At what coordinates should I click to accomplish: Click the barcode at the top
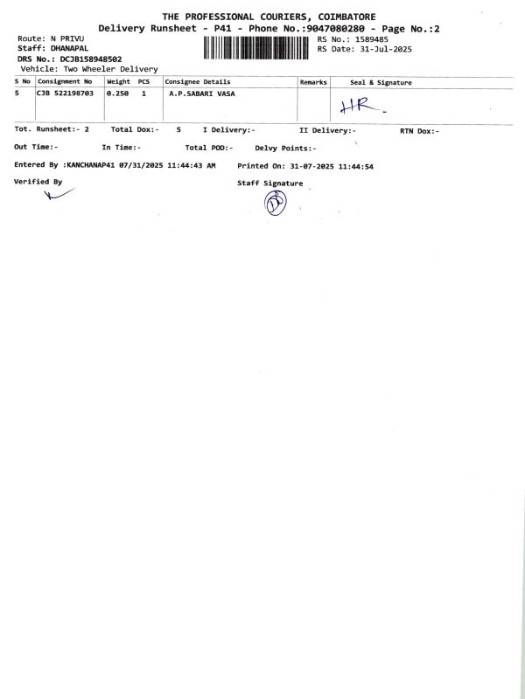(257, 46)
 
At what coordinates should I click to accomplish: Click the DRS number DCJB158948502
(90, 59)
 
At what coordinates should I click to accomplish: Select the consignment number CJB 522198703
(65, 92)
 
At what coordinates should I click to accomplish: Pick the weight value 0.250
(118, 92)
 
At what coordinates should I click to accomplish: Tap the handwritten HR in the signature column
(357, 106)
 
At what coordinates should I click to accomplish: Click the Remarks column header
(313, 82)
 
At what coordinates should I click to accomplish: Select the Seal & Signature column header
(381, 82)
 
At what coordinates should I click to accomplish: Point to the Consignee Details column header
(198, 82)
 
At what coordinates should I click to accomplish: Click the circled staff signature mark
(276, 203)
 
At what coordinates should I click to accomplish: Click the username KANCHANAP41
(91, 165)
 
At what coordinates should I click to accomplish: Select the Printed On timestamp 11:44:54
(354, 165)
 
